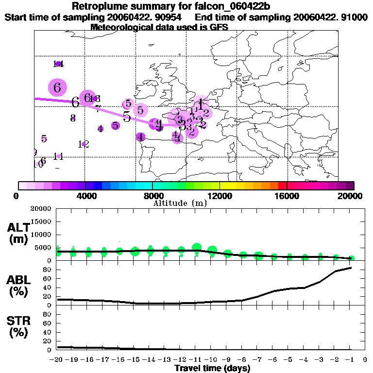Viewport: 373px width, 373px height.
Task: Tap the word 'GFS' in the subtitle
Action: point(220,27)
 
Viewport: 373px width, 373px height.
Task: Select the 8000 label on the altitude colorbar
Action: point(153,196)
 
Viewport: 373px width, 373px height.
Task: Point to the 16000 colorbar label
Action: point(288,196)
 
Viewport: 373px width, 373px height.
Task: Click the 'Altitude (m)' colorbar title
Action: point(180,203)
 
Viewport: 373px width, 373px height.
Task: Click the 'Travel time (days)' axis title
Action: point(212,369)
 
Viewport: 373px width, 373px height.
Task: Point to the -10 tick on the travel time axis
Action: point(212,360)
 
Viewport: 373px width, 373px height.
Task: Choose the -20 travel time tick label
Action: point(57,360)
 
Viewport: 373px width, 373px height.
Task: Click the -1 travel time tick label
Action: point(351,360)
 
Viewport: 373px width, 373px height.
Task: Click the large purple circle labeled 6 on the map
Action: point(57,88)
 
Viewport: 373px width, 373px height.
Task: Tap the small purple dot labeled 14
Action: point(58,64)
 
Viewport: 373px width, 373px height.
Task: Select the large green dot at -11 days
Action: point(197,248)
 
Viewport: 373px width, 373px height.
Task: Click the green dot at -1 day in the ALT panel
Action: point(351,258)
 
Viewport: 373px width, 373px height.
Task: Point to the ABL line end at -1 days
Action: point(351,268)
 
